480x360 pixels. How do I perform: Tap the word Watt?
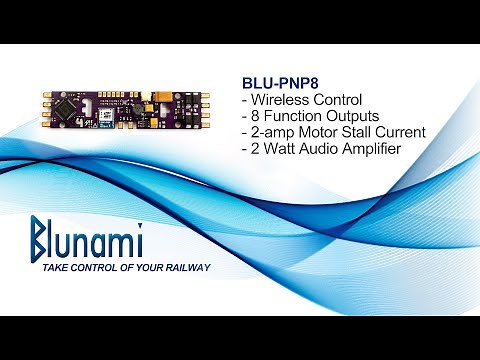point(284,149)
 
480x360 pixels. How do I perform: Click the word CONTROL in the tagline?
point(95,269)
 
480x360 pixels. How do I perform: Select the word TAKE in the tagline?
point(49,269)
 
